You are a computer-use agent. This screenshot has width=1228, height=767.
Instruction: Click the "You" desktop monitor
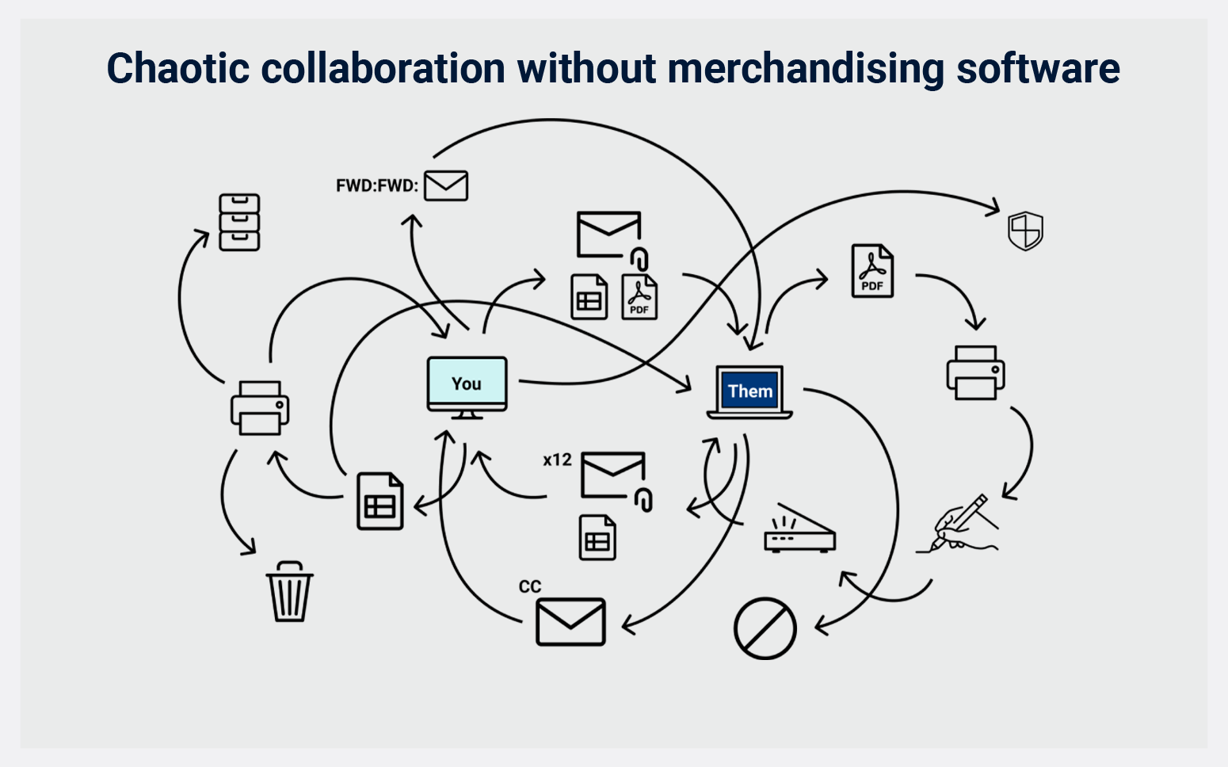(467, 384)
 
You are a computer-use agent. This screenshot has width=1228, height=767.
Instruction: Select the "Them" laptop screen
(749, 391)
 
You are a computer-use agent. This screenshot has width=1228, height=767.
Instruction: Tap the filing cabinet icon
(239, 222)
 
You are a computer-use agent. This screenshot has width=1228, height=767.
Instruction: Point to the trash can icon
(289, 592)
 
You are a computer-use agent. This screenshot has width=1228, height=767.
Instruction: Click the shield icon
(1024, 231)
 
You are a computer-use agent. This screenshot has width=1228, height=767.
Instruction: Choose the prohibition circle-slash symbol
(765, 628)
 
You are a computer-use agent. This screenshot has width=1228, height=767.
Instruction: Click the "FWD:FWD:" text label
(376, 186)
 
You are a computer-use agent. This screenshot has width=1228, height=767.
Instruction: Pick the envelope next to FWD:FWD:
(446, 185)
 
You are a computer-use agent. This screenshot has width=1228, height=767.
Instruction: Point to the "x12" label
(557, 460)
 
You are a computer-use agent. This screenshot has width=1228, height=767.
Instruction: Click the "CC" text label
(530, 586)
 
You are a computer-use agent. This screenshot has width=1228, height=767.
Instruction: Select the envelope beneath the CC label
(570, 622)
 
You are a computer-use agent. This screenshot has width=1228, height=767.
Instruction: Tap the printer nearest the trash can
(260, 408)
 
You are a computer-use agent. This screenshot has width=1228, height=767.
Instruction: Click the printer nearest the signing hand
(975, 372)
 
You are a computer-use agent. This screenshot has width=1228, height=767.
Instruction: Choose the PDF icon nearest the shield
(872, 271)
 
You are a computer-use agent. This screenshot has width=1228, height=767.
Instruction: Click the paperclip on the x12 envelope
(644, 500)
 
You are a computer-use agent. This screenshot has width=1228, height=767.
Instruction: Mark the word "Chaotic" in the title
(178, 68)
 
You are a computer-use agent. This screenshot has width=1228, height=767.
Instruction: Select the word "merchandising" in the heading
(807, 68)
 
